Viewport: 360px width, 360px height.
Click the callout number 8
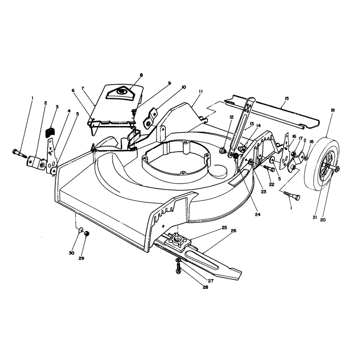[141, 75]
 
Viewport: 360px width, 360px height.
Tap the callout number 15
[287, 99]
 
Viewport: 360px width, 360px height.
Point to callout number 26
[233, 231]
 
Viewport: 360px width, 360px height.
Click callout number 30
[72, 253]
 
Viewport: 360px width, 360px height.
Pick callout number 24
[257, 214]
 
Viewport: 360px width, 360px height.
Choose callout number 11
[200, 91]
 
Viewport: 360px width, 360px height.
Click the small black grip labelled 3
[50, 132]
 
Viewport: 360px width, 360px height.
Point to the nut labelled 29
[87, 234]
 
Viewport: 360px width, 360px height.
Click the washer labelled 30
[81, 229]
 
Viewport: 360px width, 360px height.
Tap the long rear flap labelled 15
[272, 111]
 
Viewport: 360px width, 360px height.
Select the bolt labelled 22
[269, 168]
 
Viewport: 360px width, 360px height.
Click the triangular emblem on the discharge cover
[119, 92]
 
